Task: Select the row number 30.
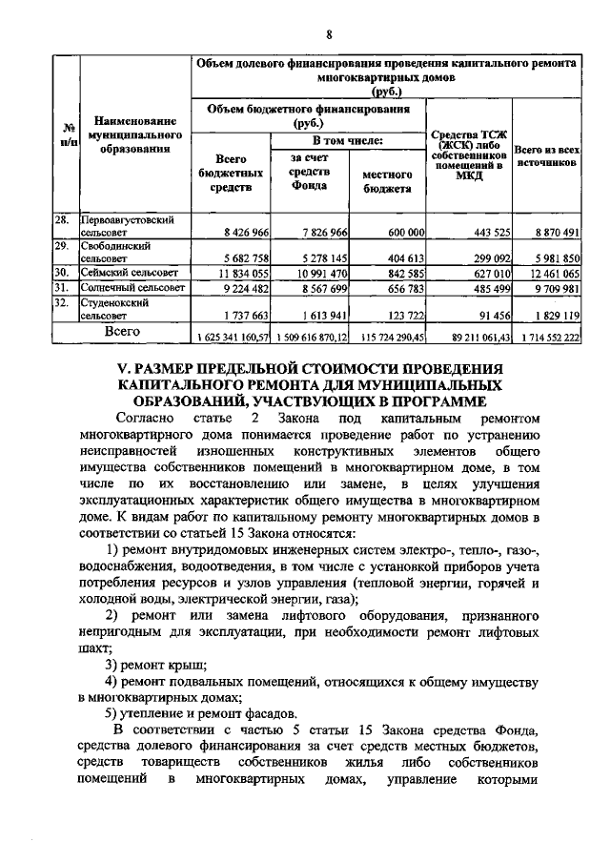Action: pos(62,272)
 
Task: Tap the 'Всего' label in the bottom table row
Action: pos(123,332)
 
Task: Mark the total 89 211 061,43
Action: pos(467,338)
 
